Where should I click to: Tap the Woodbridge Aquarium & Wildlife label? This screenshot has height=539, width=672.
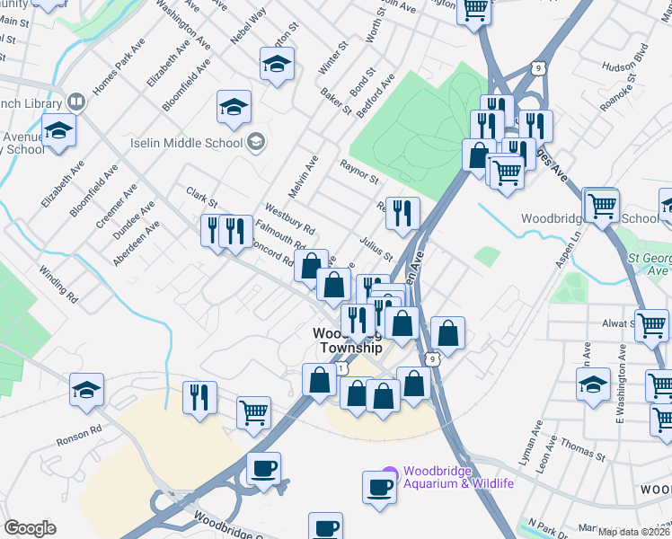(x=458, y=478)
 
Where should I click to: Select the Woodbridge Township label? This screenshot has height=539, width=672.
(x=348, y=340)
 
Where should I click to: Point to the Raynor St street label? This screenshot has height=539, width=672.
(x=359, y=172)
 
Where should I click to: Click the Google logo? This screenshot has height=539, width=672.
(x=31, y=528)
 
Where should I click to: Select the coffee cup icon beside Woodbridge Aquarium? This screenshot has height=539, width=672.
(x=379, y=486)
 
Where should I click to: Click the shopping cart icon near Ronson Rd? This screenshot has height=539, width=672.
(x=254, y=412)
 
